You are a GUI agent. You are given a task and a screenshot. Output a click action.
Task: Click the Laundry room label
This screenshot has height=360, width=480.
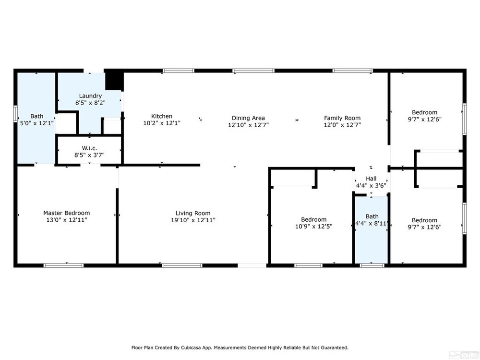pyautogui.click(x=90, y=96)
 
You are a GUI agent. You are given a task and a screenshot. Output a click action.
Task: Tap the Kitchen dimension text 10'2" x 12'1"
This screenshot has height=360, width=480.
pyautogui.click(x=162, y=123)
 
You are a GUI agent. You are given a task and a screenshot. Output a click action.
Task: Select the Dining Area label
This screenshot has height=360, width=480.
pyautogui.click(x=248, y=118)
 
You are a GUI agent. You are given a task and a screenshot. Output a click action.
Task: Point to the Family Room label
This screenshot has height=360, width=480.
pyautogui.click(x=342, y=118)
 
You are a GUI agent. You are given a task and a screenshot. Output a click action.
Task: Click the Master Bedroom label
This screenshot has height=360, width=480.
pyautogui.click(x=66, y=213)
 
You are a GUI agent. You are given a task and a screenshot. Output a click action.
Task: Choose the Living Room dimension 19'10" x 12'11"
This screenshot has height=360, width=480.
pyautogui.click(x=193, y=220)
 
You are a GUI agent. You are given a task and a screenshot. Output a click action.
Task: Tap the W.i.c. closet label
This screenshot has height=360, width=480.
pyautogui.click(x=89, y=148)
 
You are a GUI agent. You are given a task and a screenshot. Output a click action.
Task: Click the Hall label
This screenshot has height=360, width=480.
pyautogui.click(x=371, y=179)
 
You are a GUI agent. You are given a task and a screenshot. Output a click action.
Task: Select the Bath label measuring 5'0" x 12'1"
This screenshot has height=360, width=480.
pyautogui.click(x=37, y=116)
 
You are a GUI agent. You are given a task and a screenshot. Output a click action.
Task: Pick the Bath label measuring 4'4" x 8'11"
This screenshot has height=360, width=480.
pyautogui.click(x=372, y=216)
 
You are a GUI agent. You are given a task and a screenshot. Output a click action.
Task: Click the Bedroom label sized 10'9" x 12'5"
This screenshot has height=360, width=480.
pyautogui.click(x=314, y=219)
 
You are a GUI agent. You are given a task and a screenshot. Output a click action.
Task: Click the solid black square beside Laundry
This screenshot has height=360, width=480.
pyautogui.click(x=114, y=81)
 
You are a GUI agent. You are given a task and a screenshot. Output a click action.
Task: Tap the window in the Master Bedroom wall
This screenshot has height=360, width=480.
pyautogui.click(x=63, y=265)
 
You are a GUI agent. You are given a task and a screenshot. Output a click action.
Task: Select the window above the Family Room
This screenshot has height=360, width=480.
pyautogui.click(x=353, y=71)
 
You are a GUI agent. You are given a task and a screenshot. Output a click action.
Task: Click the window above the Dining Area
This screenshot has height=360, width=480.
pyautogui.click(x=253, y=71)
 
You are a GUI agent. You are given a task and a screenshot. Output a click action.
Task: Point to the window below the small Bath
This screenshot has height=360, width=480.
pyautogui.click(x=372, y=265)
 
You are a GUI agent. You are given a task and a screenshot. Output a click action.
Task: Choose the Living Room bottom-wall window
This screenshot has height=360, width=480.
pyautogui.click(x=182, y=265)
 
